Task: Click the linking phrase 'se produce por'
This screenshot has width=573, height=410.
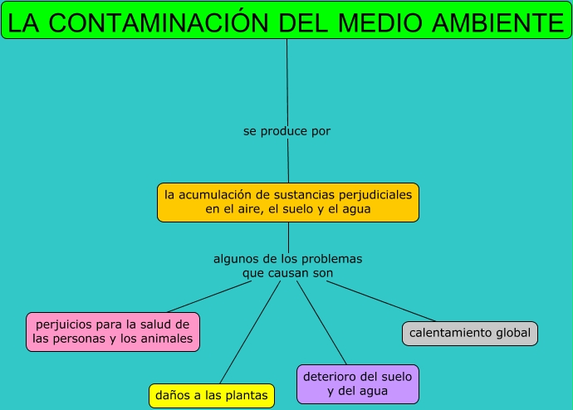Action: pos(286,131)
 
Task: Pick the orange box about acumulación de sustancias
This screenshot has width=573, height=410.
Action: pos(288,203)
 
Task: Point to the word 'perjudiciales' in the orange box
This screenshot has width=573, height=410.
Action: pos(374,195)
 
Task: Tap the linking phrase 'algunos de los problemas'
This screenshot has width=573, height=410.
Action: pos(287,259)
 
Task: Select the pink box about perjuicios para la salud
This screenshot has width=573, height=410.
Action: pos(113,331)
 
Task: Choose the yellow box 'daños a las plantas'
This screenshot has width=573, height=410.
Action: pos(211,396)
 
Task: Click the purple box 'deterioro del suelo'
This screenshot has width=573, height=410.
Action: pos(358,383)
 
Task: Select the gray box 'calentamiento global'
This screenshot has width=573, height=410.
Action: pos(469,334)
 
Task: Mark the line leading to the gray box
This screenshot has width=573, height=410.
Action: pos(382,301)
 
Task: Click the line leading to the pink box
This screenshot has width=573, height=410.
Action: pos(208,297)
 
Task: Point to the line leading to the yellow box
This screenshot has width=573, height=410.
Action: pos(249,332)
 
